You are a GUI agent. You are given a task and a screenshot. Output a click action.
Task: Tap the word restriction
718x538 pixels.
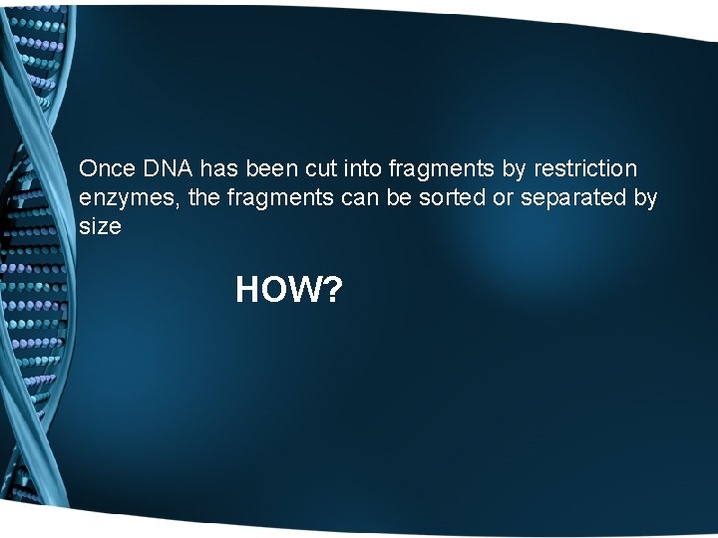pyautogui.click(x=589, y=168)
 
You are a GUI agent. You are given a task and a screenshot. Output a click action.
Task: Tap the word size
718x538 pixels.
pyautogui.click(x=100, y=226)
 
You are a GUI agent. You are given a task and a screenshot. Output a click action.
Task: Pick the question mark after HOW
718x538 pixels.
pyautogui.click(x=333, y=291)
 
